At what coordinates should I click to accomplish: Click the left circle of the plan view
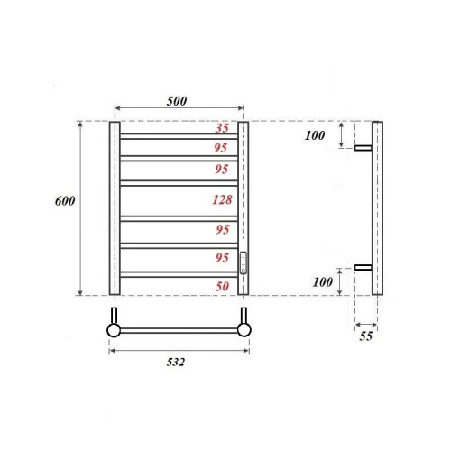(x=114, y=330)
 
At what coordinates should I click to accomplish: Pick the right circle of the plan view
(x=243, y=330)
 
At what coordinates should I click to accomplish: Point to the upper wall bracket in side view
(x=364, y=148)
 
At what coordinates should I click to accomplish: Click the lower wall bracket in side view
(x=364, y=268)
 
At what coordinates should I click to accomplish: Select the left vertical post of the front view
(x=115, y=207)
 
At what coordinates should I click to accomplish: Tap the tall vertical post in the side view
(x=378, y=207)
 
